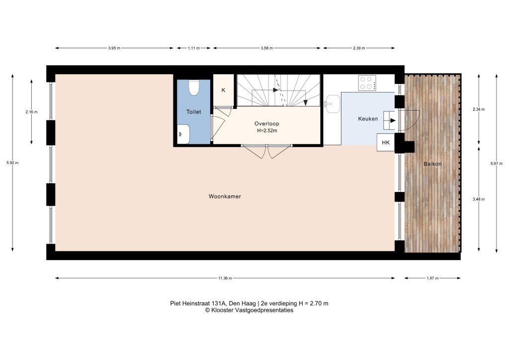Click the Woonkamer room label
(x=225, y=196)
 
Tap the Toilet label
(x=193, y=112)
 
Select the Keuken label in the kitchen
(x=368, y=119)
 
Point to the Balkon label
(x=432, y=164)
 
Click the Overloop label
(x=266, y=124)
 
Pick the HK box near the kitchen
(x=386, y=143)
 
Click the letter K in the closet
(x=223, y=90)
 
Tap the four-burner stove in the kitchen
(x=367, y=83)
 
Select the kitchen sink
(x=332, y=104)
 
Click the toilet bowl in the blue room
(x=194, y=88)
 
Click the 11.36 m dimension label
(x=225, y=278)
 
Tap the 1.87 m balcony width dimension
(x=432, y=278)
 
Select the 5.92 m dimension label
(x=12, y=163)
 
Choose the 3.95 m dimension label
(x=114, y=48)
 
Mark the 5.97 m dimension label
(x=497, y=164)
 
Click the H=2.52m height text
(x=267, y=131)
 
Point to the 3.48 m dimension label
(x=479, y=199)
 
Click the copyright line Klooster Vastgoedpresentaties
(x=249, y=310)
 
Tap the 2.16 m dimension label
(x=31, y=112)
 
